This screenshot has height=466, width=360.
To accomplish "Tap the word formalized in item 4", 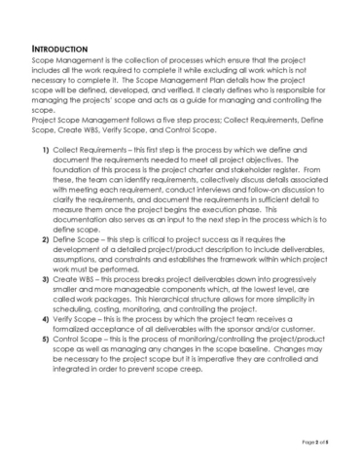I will (79, 335).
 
